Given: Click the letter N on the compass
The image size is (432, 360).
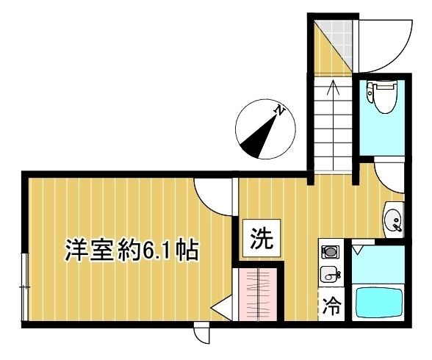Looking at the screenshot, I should point(278,111).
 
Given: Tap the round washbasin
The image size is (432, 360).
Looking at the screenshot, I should point(393,219).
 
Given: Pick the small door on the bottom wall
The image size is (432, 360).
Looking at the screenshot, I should point(201,335).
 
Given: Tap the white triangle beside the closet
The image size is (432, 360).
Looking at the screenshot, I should point(220,309).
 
